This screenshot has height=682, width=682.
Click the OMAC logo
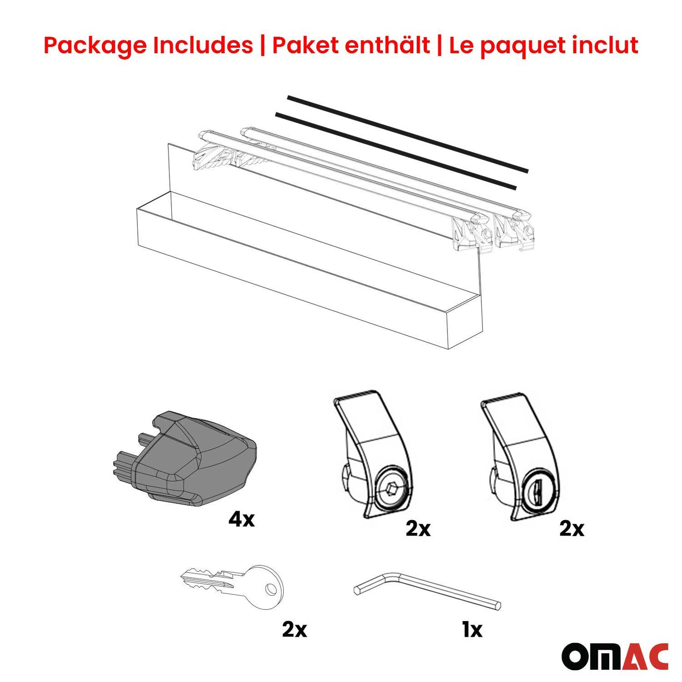point(615,656)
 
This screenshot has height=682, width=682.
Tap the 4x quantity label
point(241,520)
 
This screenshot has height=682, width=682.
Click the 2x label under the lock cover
point(572,529)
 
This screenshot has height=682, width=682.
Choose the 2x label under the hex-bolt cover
point(418,529)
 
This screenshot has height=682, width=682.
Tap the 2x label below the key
point(294,629)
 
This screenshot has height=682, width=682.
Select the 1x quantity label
point(472,629)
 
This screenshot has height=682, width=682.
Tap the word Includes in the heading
point(202,46)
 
